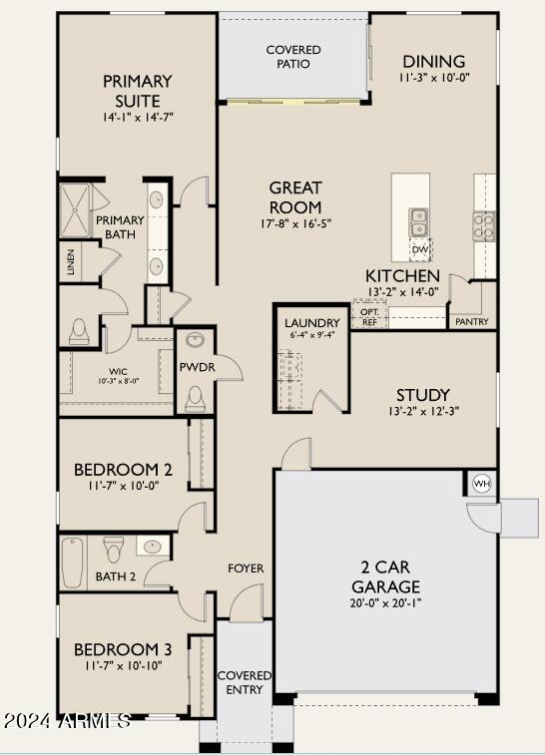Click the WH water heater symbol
[x=481, y=483]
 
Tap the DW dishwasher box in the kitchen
[x=420, y=249]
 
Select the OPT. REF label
[x=368, y=316]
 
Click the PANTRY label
[x=472, y=322]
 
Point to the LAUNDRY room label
[x=312, y=323]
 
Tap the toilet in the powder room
[x=195, y=399]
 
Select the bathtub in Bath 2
[x=73, y=564]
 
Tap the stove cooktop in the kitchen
[x=483, y=225]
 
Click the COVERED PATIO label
[x=292, y=57]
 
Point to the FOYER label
[x=246, y=568]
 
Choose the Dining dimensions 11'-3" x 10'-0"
[x=433, y=77]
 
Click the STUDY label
[x=422, y=395]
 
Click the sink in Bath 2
[x=152, y=548]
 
